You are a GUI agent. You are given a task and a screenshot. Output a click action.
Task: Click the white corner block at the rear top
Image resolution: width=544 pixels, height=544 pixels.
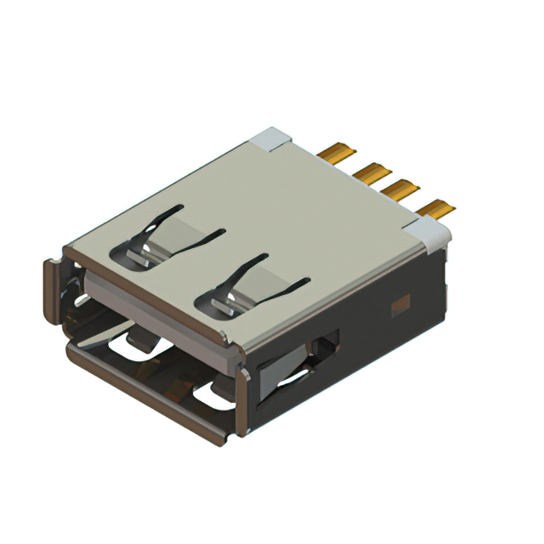(274, 137)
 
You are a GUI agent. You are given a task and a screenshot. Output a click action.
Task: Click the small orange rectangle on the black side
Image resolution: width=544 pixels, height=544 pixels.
(399, 301)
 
